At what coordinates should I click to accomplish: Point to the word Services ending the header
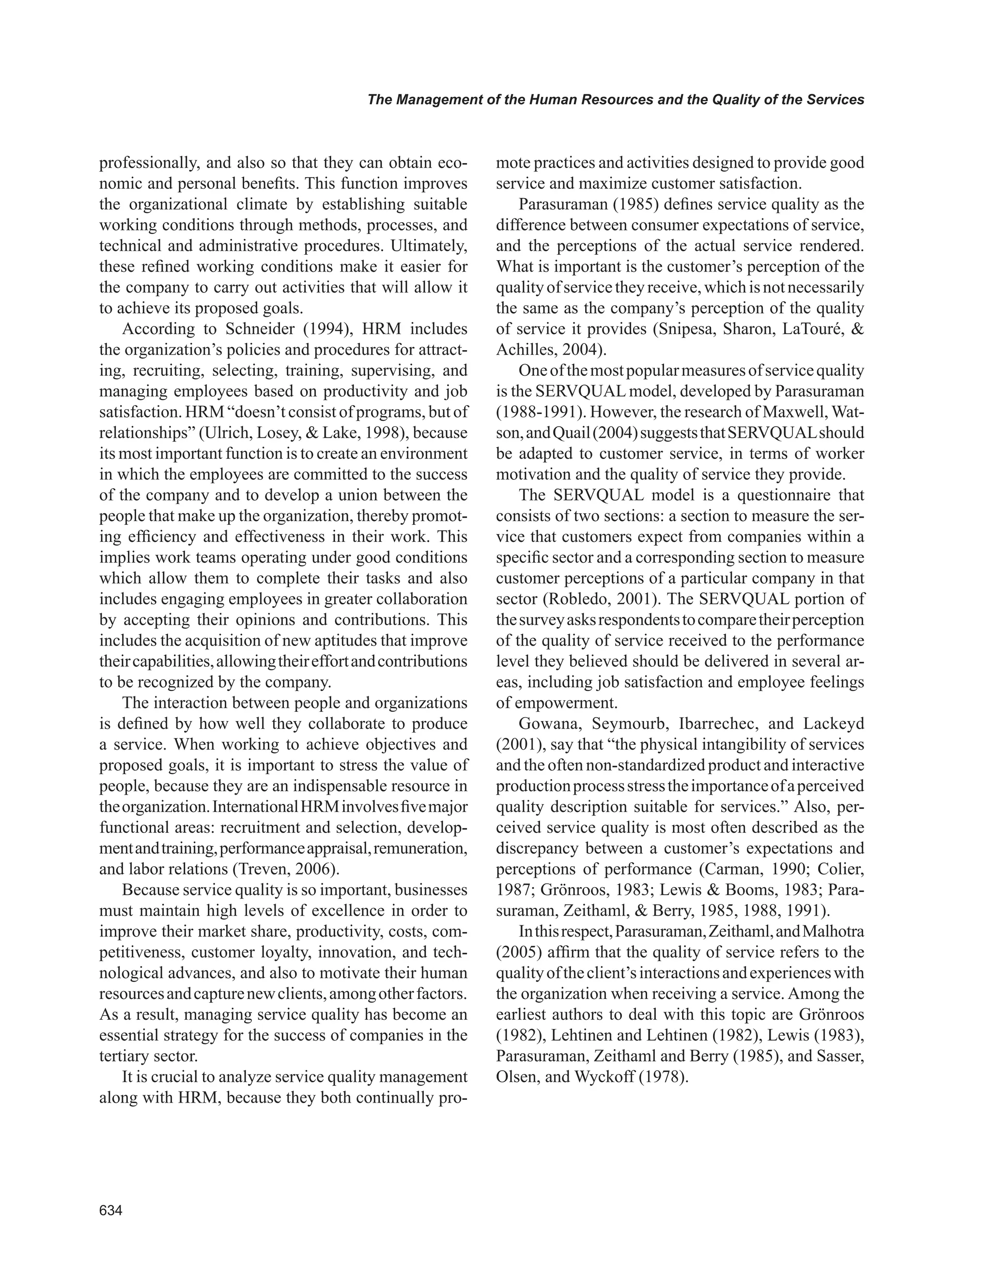pos(836,100)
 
